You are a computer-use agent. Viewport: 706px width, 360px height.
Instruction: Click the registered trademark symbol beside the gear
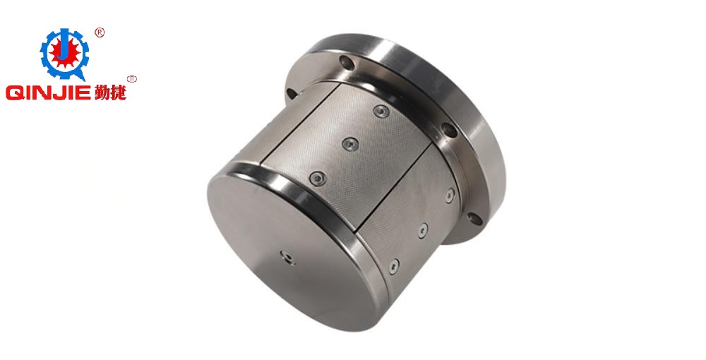tap(100, 32)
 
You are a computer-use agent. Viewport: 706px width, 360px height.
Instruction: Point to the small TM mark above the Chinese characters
tap(132, 79)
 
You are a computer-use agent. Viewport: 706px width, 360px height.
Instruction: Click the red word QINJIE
tap(49, 93)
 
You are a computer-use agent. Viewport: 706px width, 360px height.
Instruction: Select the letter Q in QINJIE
tap(13, 93)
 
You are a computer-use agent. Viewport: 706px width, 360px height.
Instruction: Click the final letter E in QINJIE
tap(85, 93)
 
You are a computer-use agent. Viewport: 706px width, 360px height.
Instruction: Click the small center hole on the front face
tap(286, 257)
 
